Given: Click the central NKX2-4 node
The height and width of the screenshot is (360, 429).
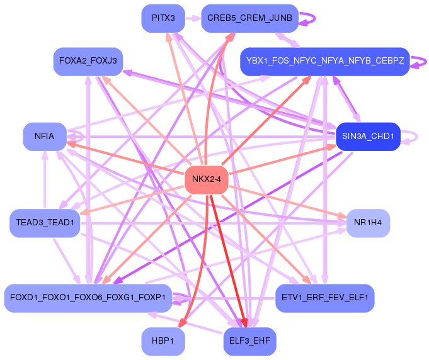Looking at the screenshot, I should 206,180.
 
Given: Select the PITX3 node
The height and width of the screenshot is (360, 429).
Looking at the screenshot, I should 163,18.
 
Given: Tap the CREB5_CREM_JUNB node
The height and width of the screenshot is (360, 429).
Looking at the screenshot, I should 249,18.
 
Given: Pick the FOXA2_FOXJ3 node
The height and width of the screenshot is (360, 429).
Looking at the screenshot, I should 88,61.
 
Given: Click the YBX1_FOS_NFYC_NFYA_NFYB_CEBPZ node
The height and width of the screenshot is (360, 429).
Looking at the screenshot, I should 325,61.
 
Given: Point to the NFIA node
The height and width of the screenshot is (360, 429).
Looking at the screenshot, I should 44,136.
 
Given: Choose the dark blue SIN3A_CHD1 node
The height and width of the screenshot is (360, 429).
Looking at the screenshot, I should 368,136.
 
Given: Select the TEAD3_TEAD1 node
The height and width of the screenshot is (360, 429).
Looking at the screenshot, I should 45,223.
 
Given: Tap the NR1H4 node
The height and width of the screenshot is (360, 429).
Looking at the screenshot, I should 368,223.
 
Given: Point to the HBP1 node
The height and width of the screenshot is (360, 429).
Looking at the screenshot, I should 163,341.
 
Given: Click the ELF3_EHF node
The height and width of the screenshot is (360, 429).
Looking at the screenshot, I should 249,341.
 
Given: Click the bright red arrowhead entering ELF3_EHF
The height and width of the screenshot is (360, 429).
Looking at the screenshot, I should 245,323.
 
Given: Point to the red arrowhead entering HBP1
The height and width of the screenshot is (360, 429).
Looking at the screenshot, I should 181,323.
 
